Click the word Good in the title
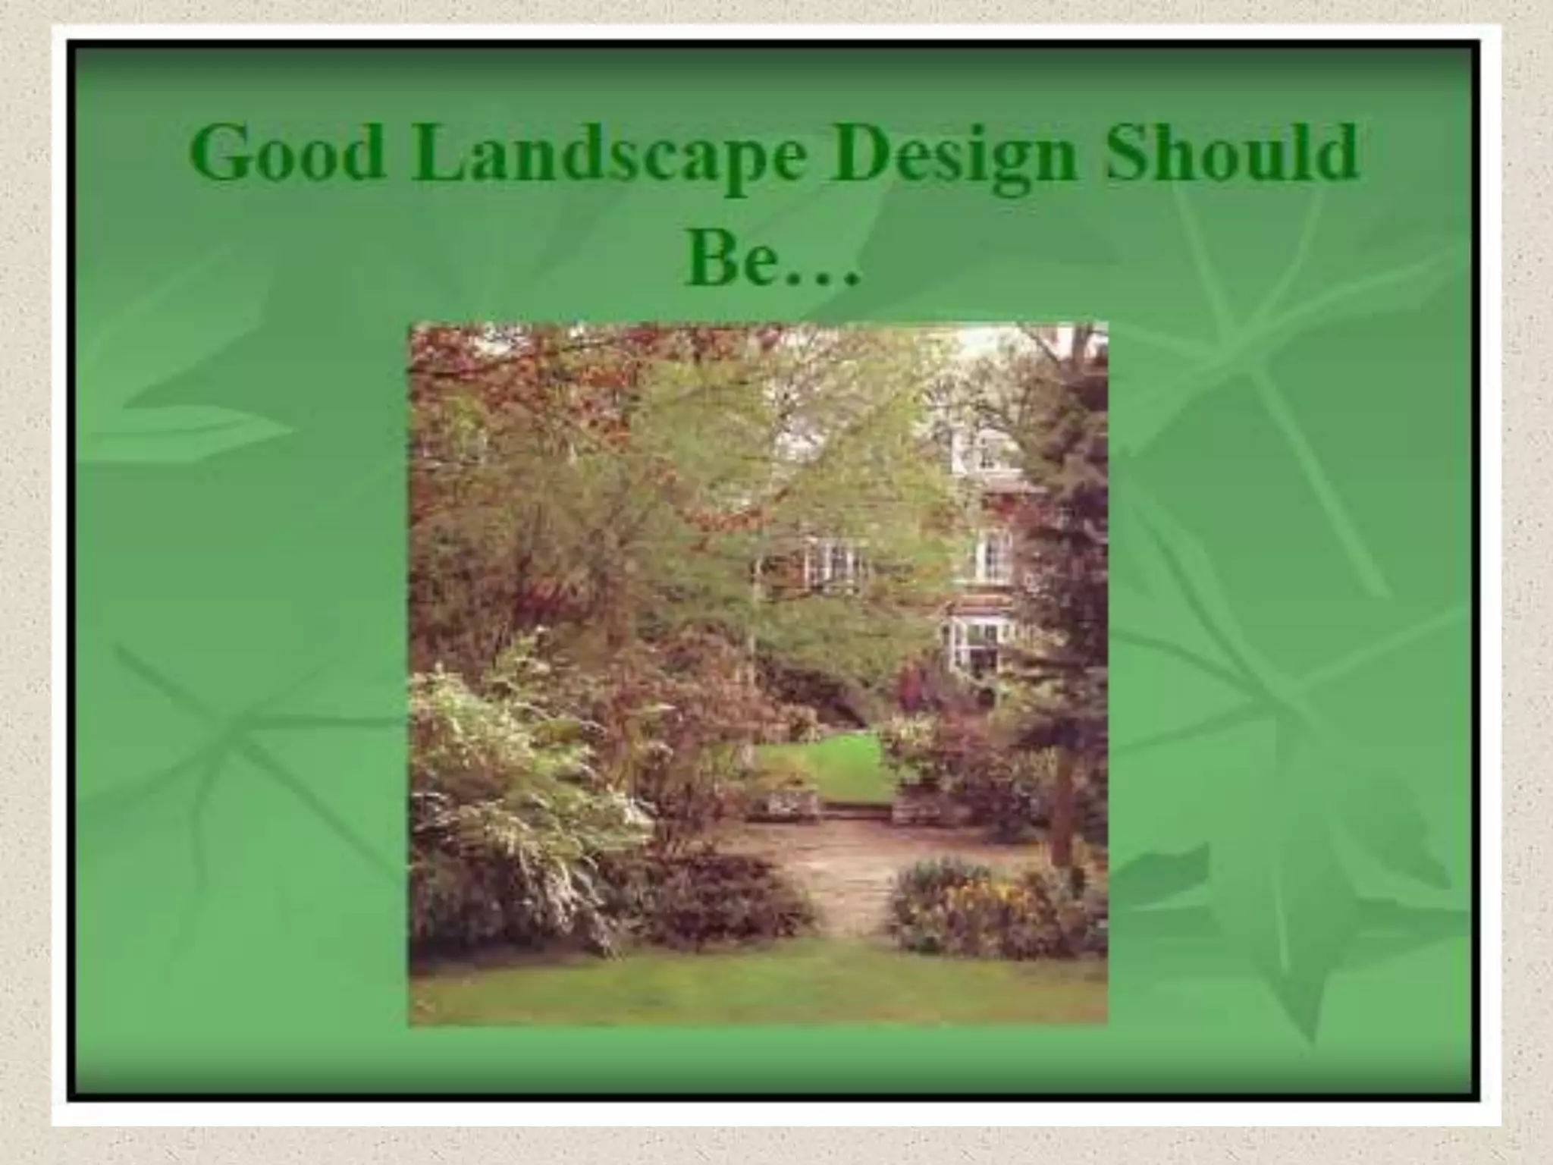pyautogui.click(x=286, y=154)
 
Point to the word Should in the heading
pyautogui.click(x=1231, y=154)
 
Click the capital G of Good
pyautogui.click(x=221, y=154)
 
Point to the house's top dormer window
pyautogui.click(x=986, y=451)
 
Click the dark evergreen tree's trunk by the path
pyautogui.click(x=1062, y=804)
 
